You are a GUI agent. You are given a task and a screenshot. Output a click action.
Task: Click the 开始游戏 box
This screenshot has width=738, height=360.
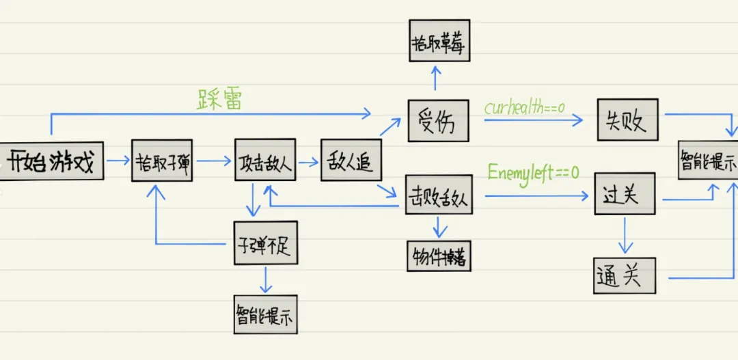pyautogui.click(x=52, y=162)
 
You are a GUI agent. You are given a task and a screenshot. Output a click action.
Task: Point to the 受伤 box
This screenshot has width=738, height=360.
pyautogui.click(x=438, y=121)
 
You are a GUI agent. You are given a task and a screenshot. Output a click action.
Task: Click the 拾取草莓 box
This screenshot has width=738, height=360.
pyautogui.click(x=439, y=40)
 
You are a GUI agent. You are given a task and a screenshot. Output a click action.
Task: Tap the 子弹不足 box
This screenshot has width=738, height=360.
pyautogui.click(x=265, y=243)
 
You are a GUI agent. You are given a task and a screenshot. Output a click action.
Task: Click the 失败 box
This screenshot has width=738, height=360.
pyautogui.click(x=627, y=120)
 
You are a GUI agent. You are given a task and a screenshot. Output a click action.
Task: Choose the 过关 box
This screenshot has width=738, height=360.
pyautogui.click(x=625, y=194)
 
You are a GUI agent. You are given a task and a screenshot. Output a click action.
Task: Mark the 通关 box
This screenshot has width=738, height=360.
pyautogui.click(x=623, y=276)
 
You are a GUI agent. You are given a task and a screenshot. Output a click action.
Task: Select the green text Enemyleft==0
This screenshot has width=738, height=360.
pyautogui.click(x=533, y=172)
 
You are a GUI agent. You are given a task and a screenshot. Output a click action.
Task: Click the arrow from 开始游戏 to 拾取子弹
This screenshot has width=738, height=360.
pyautogui.click(x=118, y=161)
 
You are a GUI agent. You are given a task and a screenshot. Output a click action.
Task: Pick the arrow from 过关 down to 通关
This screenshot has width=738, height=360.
pyautogui.click(x=623, y=236)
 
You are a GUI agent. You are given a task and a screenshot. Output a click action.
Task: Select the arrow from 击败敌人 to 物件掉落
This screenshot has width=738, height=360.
pyautogui.click(x=439, y=227)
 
